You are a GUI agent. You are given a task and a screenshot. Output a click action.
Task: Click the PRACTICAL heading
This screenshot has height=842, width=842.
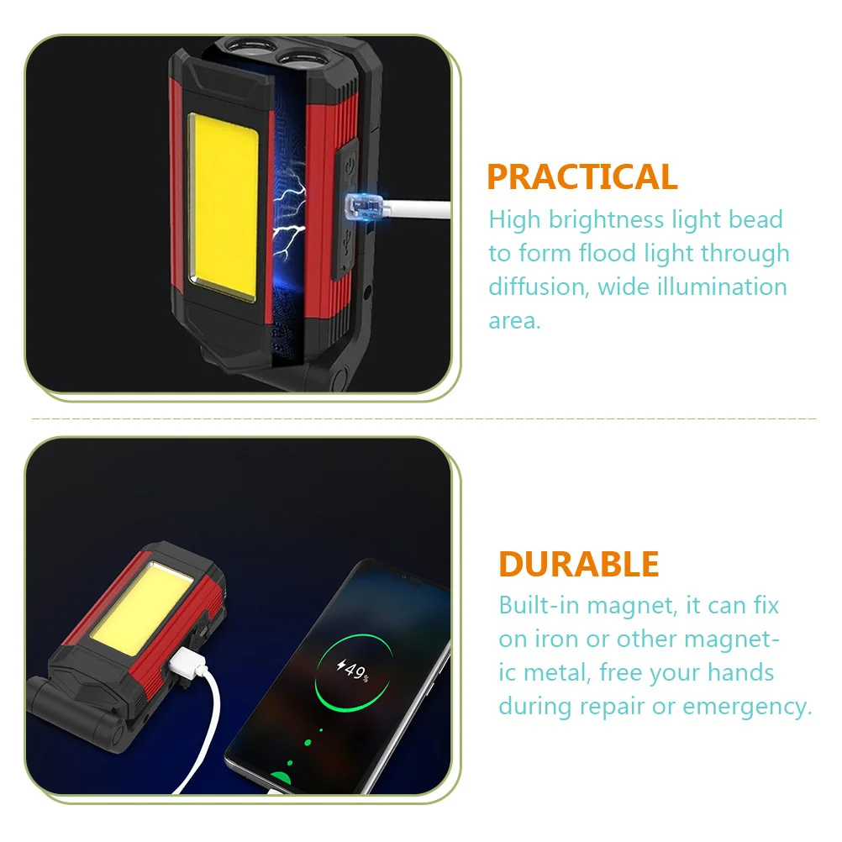(582, 176)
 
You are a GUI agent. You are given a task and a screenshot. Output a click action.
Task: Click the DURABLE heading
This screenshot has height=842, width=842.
(578, 564)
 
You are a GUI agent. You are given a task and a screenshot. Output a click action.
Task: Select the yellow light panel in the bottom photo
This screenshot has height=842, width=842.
(142, 610)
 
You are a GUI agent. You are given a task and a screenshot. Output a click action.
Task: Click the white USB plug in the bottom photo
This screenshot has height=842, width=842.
(187, 664)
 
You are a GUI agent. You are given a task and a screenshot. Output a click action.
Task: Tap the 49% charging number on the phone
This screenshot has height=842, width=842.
(353, 671)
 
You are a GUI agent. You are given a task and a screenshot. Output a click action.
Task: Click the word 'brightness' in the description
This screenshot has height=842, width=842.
(606, 220)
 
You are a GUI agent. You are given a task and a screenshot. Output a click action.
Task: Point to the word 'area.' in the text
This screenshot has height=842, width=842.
(514, 321)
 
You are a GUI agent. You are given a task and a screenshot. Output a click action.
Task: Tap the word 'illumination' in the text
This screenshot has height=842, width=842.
(722, 287)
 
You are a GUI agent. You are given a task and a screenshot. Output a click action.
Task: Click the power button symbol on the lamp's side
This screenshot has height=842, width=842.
(349, 165)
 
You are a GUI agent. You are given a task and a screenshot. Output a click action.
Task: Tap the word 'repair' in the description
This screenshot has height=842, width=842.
(612, 708)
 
